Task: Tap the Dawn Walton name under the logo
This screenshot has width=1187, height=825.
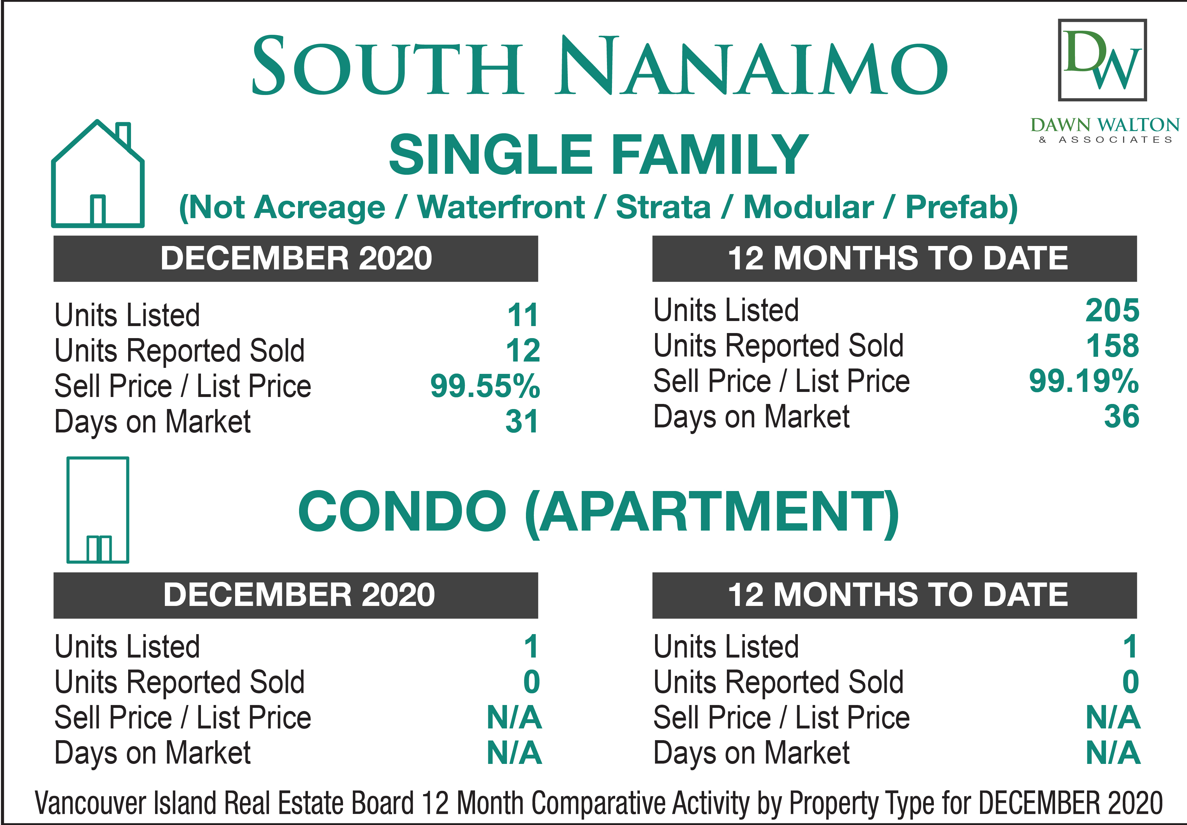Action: [1105, 125]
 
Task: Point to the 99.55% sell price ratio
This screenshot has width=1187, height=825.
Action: [485, 386]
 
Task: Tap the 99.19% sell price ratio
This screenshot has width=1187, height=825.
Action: [1084, 381]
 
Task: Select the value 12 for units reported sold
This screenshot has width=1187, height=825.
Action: [523, 350]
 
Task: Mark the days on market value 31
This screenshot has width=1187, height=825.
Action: [522, 421]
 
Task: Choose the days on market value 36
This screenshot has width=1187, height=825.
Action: [1121, 417]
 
